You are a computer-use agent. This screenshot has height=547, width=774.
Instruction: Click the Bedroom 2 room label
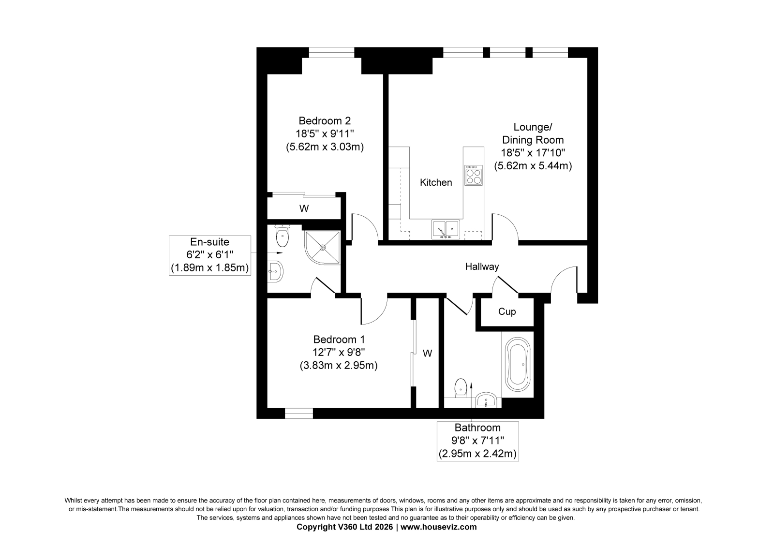coord(325,121)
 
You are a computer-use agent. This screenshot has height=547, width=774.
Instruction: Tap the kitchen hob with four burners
coord(474,175)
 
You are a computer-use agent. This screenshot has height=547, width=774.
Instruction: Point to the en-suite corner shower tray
coord(322,248)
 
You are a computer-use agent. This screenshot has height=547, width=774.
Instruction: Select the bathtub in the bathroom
coord(518,364)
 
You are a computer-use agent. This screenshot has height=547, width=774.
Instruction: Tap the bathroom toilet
coord(461,388)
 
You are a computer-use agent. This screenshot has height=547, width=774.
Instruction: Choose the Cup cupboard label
coord(507,311)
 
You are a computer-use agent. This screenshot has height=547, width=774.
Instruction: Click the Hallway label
coord(482,267)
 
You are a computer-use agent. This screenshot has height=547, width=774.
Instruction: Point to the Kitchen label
coord(436,182)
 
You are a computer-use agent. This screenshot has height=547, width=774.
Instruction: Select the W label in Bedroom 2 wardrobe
coord(304,209)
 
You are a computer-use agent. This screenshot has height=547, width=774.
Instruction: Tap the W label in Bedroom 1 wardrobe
coord(428,353)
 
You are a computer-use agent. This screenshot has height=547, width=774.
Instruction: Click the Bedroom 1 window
coord(299,414)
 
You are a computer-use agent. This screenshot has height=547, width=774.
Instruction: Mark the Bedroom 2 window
coord(331,52)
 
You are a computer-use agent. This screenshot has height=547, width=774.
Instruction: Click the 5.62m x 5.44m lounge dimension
coord(533,166)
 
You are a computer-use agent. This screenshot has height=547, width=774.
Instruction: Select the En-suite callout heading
coord(210,241)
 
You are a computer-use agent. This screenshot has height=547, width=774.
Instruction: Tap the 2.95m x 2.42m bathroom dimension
coord(477,453)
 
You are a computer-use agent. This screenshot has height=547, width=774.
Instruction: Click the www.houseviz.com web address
coord(438,527)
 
